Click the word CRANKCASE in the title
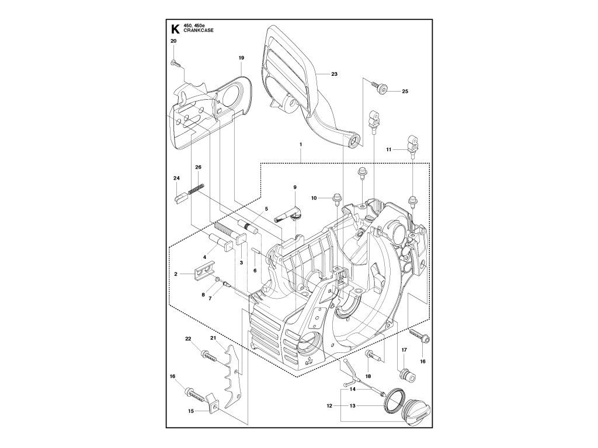point(199,30)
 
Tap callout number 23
point(334,74)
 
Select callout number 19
point(241,58)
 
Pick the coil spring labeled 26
point(197,189)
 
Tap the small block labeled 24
point(181,198)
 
